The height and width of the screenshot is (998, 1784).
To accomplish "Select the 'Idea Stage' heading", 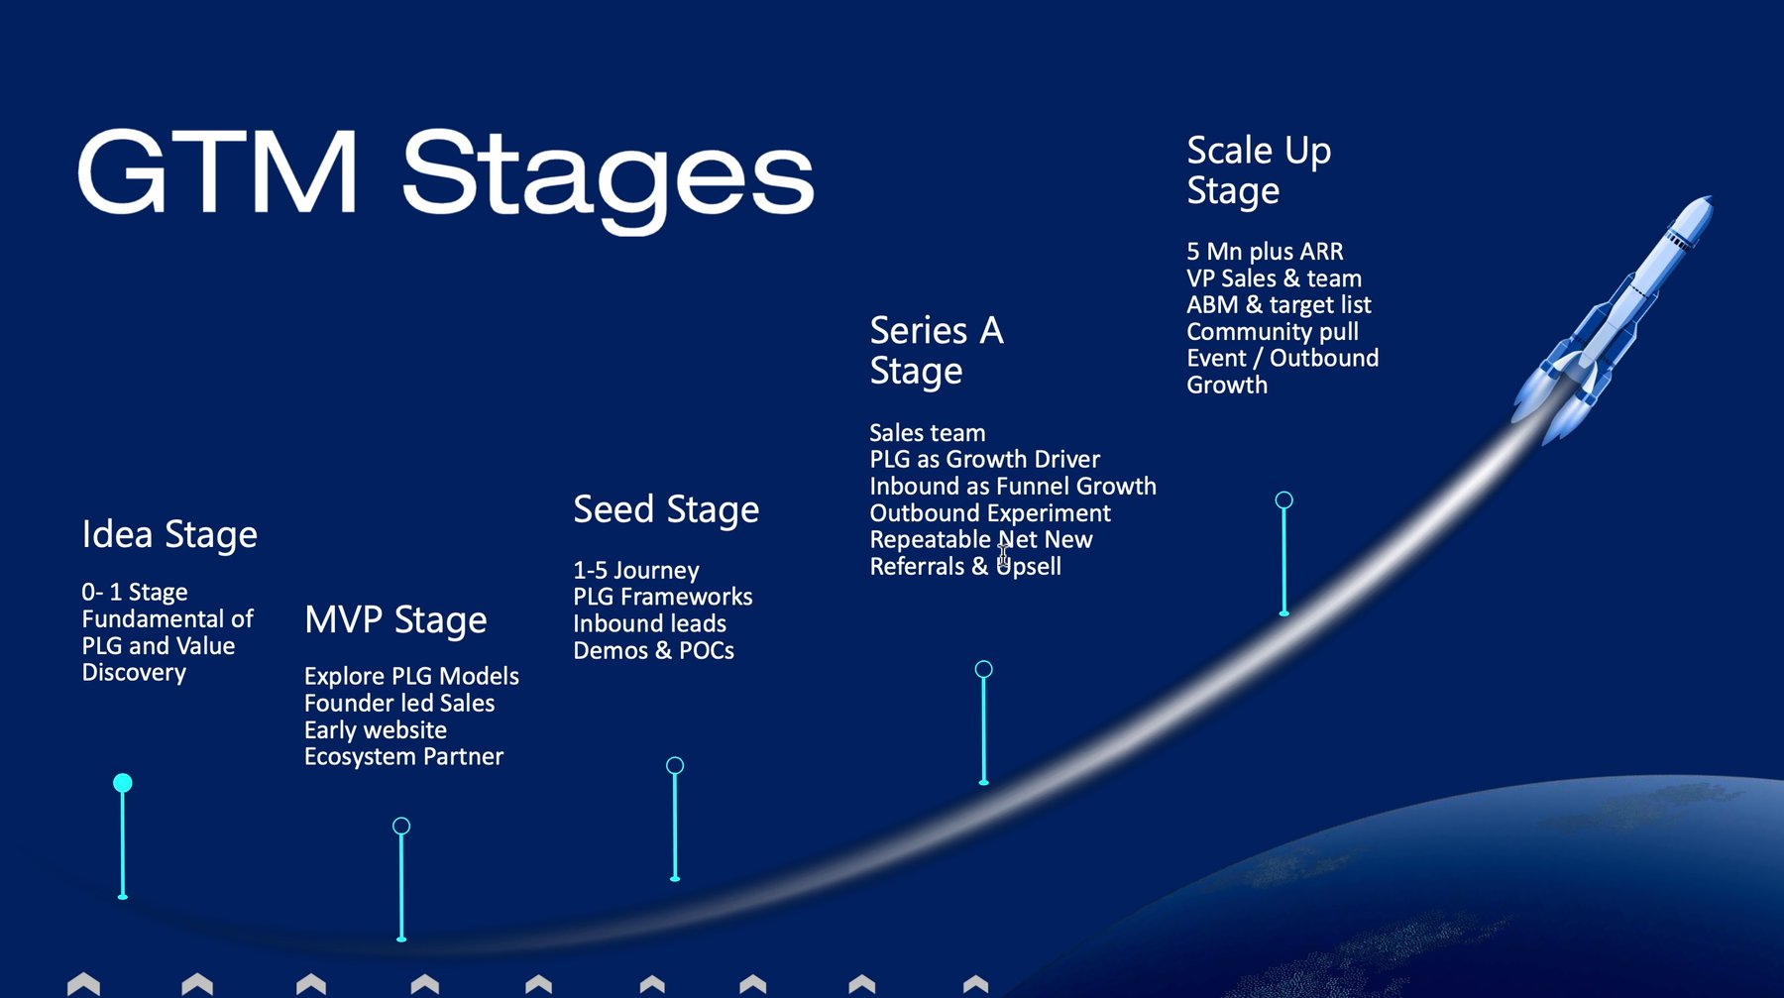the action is (x=169, y=535).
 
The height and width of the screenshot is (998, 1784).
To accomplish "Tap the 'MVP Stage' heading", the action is (x=395, y=620).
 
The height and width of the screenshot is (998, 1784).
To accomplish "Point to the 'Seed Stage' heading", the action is (x=666, y=510).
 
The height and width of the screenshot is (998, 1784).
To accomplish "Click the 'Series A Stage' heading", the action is (x=937, y=351).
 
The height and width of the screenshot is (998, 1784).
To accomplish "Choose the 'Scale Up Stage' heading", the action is (x=1259, y=170).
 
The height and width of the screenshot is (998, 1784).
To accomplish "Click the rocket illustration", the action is (x=1613, y=319).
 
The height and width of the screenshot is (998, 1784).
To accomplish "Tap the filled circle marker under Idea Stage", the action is (x=123, y=783).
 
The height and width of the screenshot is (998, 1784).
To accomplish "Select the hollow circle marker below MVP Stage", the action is (x=401, y=826).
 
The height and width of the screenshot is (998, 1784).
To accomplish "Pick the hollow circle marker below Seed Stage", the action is (x=675, y=765).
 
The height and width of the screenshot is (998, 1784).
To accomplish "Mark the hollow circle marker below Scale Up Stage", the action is (x=1283, y=500).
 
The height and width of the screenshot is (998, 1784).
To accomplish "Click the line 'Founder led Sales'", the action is (x=399, y=703).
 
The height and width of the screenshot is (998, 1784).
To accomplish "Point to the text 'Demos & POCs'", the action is (x=653, y=651).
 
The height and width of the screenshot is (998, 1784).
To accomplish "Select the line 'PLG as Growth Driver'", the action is (x=984, y=459).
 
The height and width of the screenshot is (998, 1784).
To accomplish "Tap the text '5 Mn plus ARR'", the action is (x=1265, y=252).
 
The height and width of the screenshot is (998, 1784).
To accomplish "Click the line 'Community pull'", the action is (x=1273, y=332).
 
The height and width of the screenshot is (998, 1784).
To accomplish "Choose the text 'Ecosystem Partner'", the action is (x=403, y=757).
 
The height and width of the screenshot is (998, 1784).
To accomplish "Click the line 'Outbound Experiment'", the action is (x=990, y=513).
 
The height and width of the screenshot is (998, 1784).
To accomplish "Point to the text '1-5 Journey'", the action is (x=636, y=571).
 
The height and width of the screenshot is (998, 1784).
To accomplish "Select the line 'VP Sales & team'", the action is (x=1274, y=278).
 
